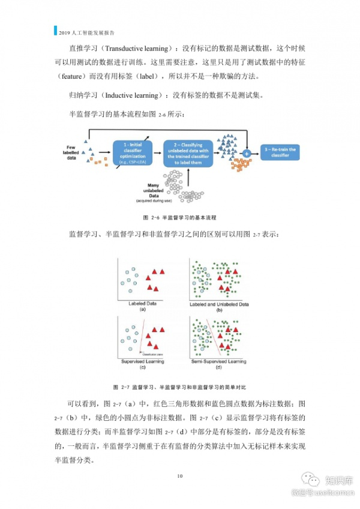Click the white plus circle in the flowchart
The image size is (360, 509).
click(x=246, y=154)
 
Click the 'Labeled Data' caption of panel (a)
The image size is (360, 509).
click(x=143, y=304)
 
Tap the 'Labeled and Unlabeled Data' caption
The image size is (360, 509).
click(x=219, y=304)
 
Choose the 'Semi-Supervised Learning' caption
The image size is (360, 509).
click(x=219, y=361)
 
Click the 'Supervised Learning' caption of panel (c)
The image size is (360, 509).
click(x=143, y=361)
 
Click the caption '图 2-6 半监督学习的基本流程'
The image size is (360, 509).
click(x=179, y=217)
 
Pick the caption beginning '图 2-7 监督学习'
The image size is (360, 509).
click(x=179, y=386)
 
